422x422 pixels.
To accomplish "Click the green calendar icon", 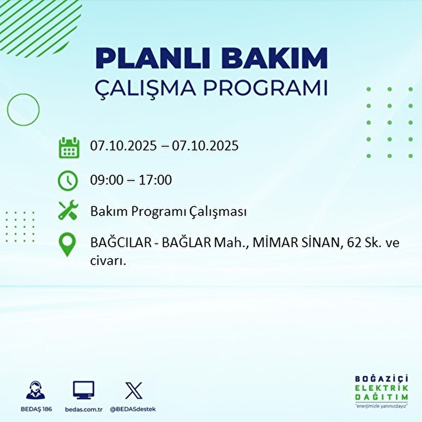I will [69, 147].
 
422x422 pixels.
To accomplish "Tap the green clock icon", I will [68, 181].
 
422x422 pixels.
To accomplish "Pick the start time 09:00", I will [107, 180].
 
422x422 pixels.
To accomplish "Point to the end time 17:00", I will [155, 180].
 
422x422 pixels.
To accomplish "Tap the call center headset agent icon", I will [36, 390].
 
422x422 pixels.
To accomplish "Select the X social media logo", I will [134, 390].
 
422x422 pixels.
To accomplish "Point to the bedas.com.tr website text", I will [84, 409].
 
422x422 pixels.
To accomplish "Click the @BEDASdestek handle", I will [133, 409].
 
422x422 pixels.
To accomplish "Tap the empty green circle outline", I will [23, 110].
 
